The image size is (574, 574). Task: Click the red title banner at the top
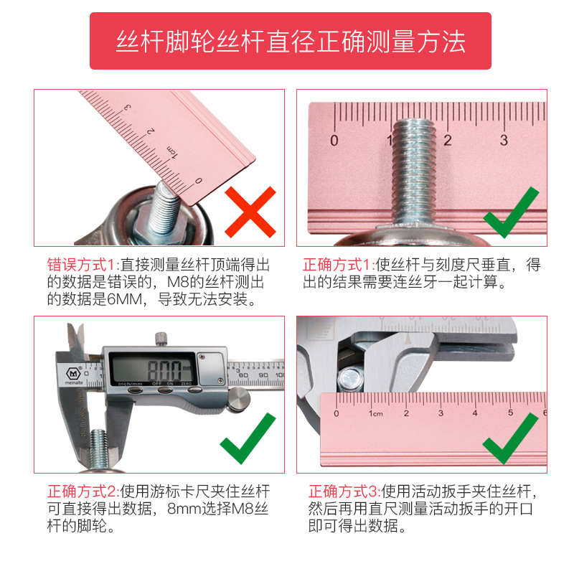(x=290, y=41)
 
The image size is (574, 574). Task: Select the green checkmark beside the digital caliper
(x=248, y=438)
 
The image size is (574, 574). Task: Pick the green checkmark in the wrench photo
(x=510, y=438)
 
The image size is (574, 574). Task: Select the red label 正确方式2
(x=84, y=492)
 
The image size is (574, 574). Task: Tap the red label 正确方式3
(x=344, y=492)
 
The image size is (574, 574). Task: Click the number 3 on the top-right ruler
(x=504, y=140)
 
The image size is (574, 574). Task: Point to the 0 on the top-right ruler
(x=334, y=140)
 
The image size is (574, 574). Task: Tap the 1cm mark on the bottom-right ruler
(x=375, y=413)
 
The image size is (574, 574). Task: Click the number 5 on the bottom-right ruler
(x=510, y=413)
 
